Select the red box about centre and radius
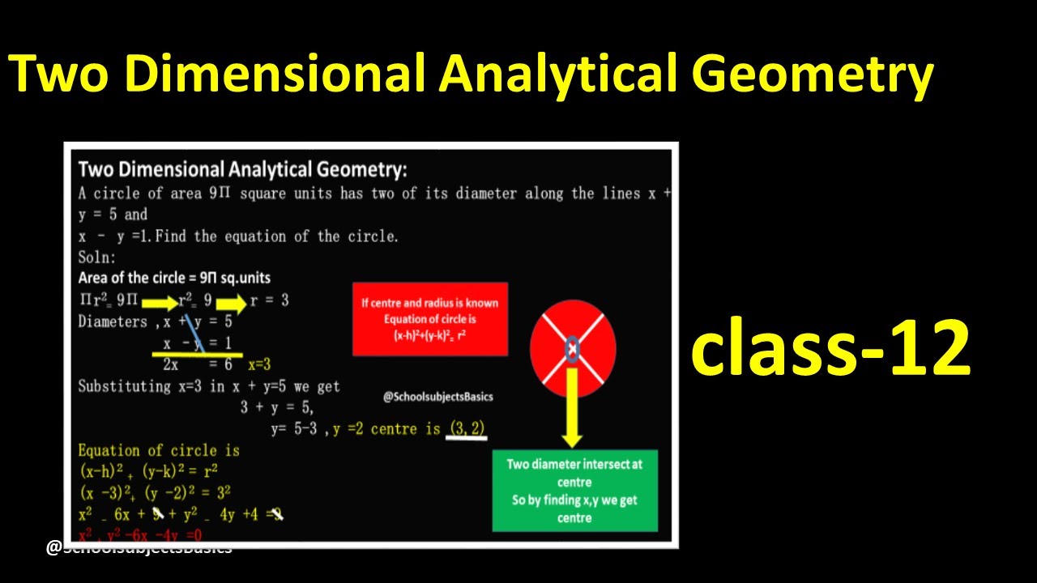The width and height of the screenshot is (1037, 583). tap(429, 319)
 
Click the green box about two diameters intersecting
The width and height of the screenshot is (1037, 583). tap(574, 491)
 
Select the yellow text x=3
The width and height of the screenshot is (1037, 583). tap(259, 365)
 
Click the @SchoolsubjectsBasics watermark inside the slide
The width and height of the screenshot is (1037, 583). tap(437, 397)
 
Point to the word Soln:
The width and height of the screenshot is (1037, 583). tap(97, 257)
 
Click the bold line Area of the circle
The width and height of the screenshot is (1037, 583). tap(174, 278)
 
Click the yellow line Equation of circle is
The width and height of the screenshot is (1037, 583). tap(159, 450)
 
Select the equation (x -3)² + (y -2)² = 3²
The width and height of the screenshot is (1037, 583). tap(155, 492)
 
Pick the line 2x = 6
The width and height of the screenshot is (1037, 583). tap(198, 365)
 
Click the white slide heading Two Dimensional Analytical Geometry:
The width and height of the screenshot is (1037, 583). tap(242, 169)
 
